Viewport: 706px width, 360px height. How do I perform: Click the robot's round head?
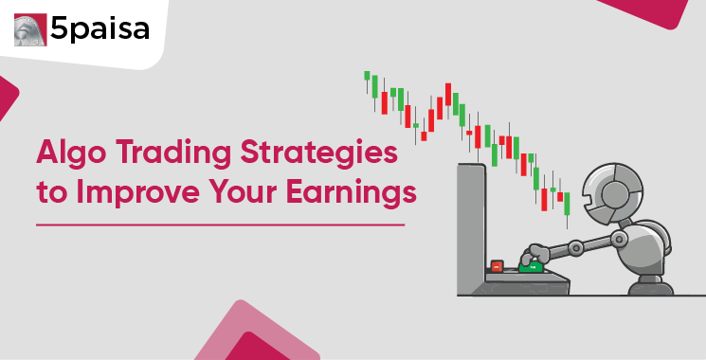[x=612, y=189]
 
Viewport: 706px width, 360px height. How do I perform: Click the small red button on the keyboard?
[x=496, y=267]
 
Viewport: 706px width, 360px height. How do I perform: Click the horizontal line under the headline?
[x=220, y=225]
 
